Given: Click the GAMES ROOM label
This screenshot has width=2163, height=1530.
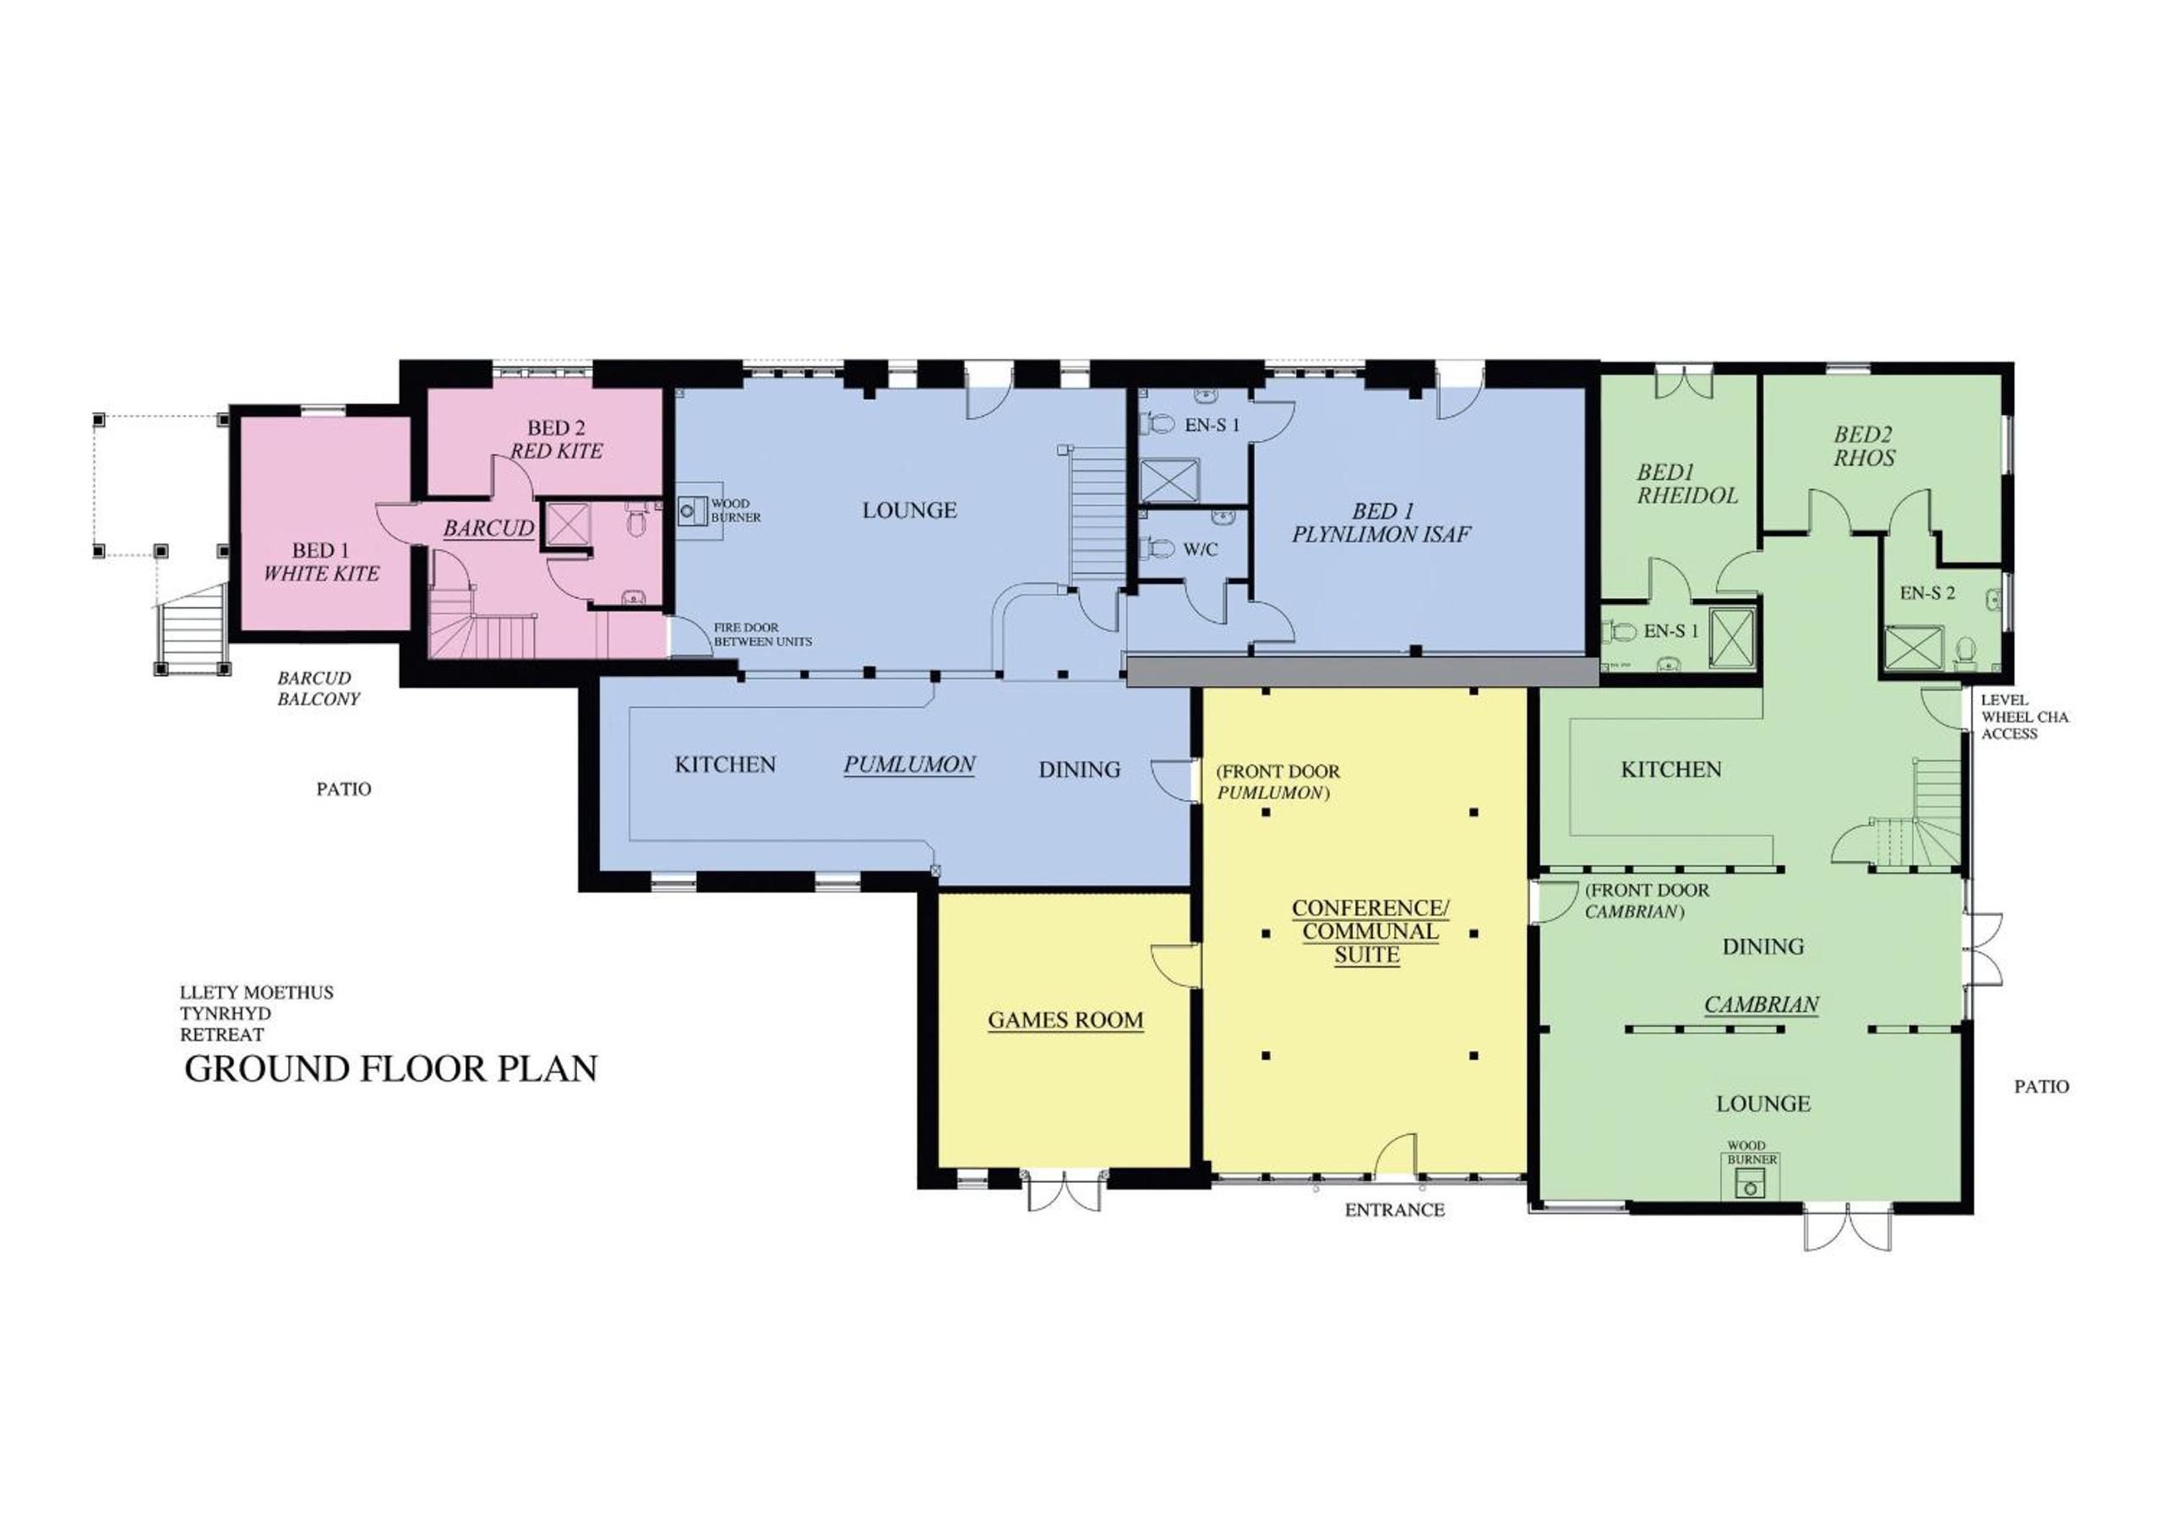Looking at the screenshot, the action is (x=1065, y=1021).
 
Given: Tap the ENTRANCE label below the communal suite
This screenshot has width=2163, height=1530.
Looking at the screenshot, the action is (x=1394, y=1211).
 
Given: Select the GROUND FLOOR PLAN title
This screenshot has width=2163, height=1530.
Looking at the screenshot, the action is (x=391, y=1070).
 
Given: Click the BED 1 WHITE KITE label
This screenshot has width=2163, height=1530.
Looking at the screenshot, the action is (x=321, y=562).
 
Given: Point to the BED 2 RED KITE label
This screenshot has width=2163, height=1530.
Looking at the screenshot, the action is (x=556, y=440).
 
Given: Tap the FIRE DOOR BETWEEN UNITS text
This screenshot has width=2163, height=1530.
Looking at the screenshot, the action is (x=762, y=634).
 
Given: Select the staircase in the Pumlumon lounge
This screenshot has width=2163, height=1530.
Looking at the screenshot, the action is (x=1098, y=515).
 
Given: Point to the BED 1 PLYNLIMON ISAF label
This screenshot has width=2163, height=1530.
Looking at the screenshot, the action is (x=1381, y=523).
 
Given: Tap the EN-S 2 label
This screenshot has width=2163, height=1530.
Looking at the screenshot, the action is (x=1927, y=594).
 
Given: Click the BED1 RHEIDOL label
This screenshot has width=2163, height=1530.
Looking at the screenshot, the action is (x=1687, y=484).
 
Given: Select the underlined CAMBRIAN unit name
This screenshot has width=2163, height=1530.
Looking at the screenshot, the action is (x=1762, y=1005).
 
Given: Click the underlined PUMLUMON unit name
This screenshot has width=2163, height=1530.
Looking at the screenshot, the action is (x=909, y=765).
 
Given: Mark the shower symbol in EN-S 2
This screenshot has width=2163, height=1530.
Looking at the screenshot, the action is (x=1909, y=648).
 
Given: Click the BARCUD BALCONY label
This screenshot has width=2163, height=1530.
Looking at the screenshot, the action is (x=319, y=689).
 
